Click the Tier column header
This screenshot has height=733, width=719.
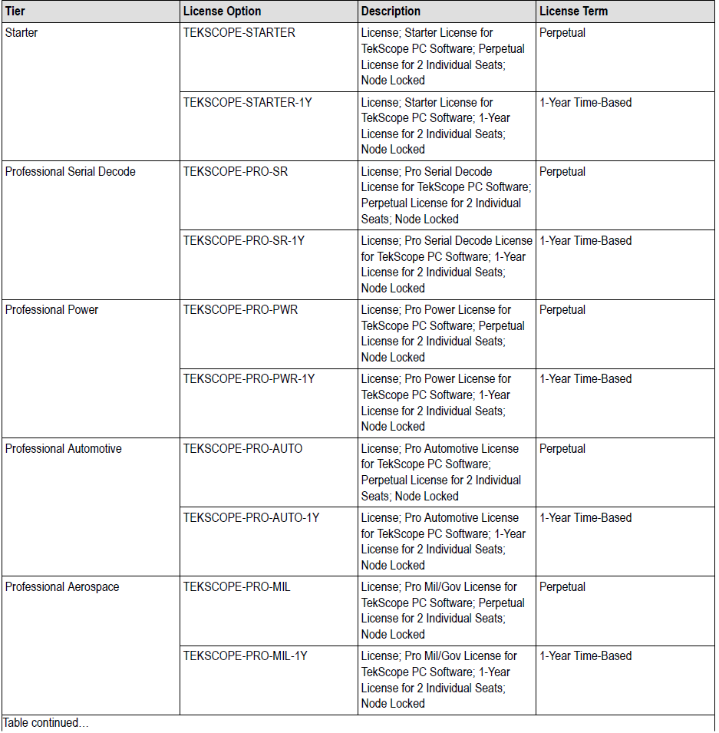click(15, 12)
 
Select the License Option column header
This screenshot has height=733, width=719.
click(222, 12)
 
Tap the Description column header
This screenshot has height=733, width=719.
click(391, 12)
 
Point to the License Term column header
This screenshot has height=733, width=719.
click(573, 12)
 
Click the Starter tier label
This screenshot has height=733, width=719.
click(21, 33)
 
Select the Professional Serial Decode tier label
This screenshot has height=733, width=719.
click(70, 172)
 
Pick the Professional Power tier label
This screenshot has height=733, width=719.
click(51, 310)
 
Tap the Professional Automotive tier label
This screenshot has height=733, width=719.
click(63, 449)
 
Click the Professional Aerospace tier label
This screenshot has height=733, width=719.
click(62, 587)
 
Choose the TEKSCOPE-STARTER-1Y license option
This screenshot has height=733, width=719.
click(247, 103)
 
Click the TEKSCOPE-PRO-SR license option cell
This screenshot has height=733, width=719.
click(236, 172)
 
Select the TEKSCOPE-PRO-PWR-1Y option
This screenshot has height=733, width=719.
click(249, 379)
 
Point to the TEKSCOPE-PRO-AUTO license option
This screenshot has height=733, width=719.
click(242, 449)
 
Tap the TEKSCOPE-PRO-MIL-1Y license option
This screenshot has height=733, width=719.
click(245, 656)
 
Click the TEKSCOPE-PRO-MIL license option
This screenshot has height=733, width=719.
click(236, 587)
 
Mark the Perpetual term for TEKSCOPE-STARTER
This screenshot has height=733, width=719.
click(562, 33)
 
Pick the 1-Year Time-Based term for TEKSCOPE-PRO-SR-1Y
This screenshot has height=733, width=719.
click(585, 241)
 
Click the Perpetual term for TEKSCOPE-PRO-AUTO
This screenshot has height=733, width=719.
click(562, 449)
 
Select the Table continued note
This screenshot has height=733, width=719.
click(45, 724)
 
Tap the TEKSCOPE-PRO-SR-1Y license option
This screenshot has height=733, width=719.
click(243, 241)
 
